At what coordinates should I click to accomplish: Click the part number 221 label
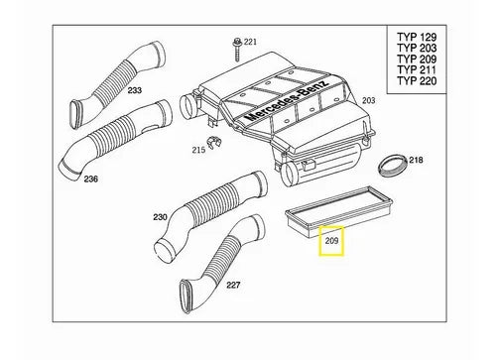coord(250,42)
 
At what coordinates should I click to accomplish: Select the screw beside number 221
coord(237,50)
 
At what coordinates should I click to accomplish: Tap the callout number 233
coord(135,90)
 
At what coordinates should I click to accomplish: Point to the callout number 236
coord(91,179)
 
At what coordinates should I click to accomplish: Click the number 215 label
coord(198,150)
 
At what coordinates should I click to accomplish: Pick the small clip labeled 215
coord(213,143)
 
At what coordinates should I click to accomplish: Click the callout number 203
coord(369,100)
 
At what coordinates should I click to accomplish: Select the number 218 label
coord(416,160)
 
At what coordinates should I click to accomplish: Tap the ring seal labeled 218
coord(393,166)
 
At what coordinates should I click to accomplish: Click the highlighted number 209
coord(331,241)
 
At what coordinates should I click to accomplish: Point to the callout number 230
coord(160,217)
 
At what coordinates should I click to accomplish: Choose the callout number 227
coord(233,285)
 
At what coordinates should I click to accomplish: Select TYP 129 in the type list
coord(417,37)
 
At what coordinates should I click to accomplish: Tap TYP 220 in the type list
coord(417,80)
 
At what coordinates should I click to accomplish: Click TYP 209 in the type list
coord(417,59)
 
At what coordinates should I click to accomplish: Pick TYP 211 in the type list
coord(417,69)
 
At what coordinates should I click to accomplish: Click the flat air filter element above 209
coord(339,210)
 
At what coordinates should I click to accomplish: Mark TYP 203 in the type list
coord(417,48)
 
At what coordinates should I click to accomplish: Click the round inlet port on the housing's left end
coord(187,107)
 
